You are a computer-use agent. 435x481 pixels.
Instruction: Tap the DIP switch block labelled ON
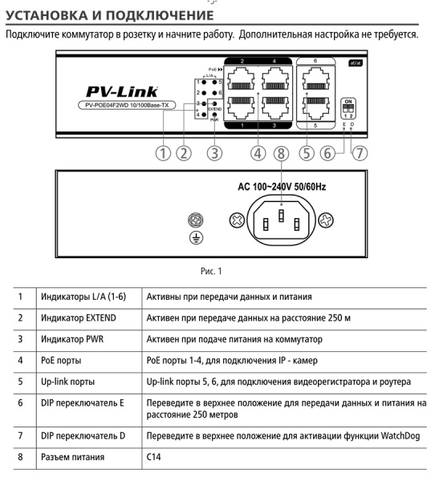point(348,107)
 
